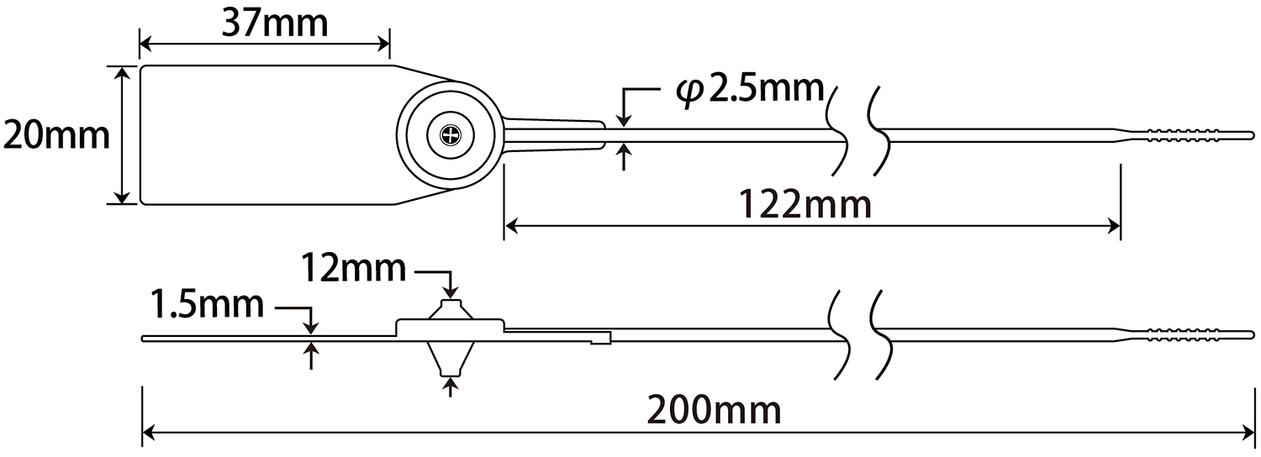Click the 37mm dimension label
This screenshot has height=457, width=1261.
coord(274,23)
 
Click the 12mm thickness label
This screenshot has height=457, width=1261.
coord(353,270)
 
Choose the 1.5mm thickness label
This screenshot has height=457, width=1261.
coord(207,304)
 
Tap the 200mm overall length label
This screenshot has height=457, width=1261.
coord(715,411)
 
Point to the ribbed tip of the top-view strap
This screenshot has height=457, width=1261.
coord(1185,134)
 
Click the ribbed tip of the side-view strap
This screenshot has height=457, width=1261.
coord(1185,334)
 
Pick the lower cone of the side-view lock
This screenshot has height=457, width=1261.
coord(451,360)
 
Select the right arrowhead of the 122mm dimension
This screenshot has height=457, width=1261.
coord(1115,225)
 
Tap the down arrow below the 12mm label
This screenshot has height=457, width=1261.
coord(452,291)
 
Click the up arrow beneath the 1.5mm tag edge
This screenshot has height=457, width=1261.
coord(312,350)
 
